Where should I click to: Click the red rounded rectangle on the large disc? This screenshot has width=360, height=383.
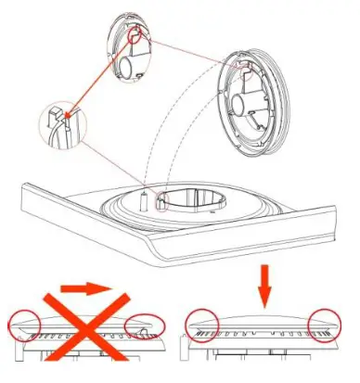pyautogui.click(x=250, y=65)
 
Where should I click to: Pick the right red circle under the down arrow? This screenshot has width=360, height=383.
pyautogui.click(x=324, y=326)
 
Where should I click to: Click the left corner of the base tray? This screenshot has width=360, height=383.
pyautogui.click(x=23, y=189)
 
